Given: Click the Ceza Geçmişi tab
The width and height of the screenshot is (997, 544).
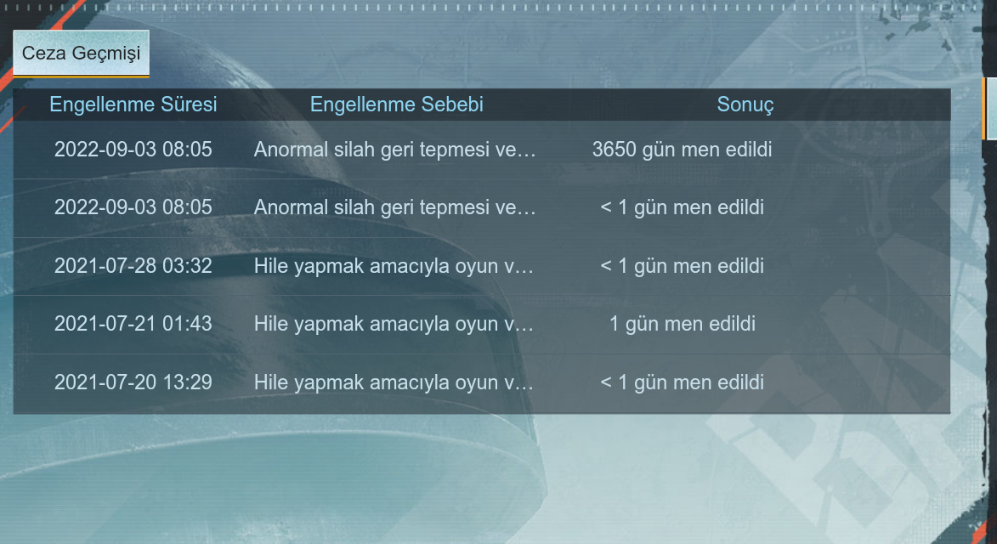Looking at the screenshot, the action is point(81,54).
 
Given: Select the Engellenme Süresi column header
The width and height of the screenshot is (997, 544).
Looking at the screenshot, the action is point(133,105).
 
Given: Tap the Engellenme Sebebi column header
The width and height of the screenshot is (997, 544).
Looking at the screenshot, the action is point(397,105).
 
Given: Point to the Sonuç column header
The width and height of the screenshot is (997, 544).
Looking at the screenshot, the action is point(745,105).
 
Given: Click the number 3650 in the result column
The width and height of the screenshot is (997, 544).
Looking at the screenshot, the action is point(615,150).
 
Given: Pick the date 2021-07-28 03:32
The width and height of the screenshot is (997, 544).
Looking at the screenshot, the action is point(133,266).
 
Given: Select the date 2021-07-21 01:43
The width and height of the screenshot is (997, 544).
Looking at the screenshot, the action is point(133,324).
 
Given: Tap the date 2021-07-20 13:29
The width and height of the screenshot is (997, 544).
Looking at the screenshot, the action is point(133,382).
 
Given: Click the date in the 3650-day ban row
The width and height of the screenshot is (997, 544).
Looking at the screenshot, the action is point(133,150).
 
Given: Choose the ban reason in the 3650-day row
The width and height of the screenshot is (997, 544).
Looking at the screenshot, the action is point(395,150).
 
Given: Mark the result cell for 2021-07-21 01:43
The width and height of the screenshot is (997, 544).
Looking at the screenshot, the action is point(683,324).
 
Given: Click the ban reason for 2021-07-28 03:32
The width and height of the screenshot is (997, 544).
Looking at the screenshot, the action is point(394,266).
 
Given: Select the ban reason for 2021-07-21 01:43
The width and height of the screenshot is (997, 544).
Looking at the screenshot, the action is point(394,324).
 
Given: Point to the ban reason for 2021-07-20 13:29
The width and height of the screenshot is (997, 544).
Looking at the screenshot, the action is point(394,382).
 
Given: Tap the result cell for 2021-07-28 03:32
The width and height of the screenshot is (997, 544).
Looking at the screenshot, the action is point(683,266).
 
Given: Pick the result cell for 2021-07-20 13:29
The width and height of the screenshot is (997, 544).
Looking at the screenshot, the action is point(683,382).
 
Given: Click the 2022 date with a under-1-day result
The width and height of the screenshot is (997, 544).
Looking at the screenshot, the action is point(133,207).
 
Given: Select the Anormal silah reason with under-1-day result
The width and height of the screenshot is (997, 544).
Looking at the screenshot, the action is point(395,207).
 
